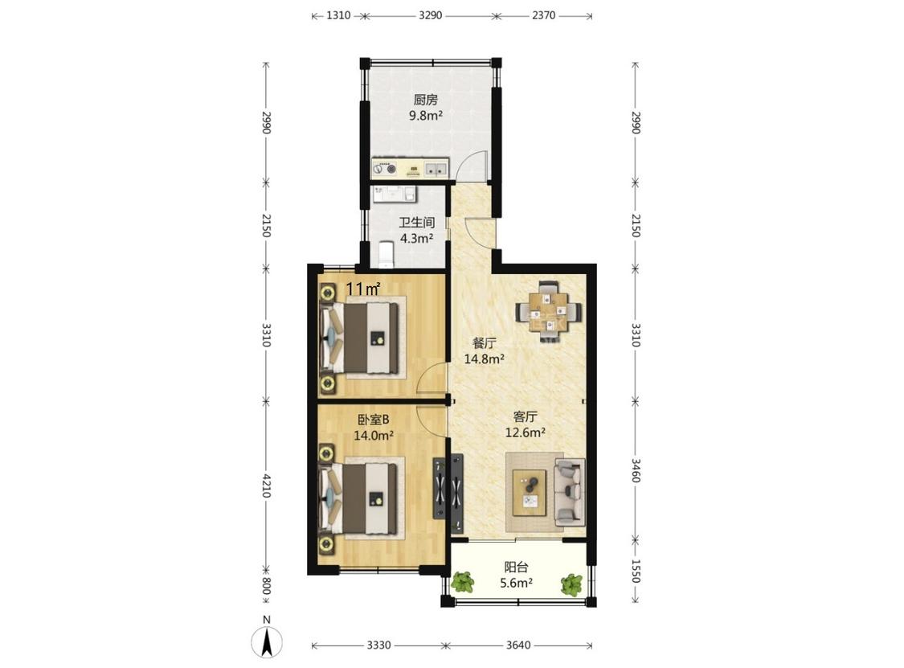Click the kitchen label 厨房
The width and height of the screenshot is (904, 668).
(x=425, y=100)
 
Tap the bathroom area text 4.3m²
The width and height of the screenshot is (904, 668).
(x=417, y=238)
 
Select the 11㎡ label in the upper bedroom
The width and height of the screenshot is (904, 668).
(x=362, y=289)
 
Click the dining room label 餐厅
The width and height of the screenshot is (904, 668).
(x=485, y=343)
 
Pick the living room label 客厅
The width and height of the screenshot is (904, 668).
(x=526, y=416)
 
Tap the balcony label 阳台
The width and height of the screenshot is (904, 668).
(x=516, y=567)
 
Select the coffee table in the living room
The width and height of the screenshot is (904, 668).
(x=530, y=492)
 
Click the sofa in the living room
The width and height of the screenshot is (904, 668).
(x=570, y=492)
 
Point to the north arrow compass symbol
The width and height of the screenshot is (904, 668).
(x=266, y=641)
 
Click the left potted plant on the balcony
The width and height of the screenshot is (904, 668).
(x=462, y=583)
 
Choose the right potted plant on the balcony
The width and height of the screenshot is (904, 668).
(x=571, y=584)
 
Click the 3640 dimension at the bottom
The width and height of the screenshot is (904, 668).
(x=518, y=645)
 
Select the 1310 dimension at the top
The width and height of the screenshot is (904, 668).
(x=338, y=15)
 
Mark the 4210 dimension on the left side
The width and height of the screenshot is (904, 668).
(x=266, y=486)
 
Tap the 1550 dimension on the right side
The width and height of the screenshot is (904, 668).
(x=636, y=571)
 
